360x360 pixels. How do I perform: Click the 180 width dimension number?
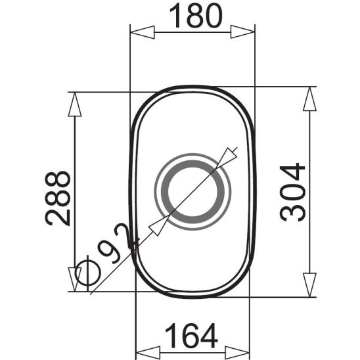pyautogui.click(x=192, y=16)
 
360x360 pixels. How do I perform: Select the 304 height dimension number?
pyautogui.click(x=293, y=192)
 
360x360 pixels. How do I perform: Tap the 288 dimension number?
pyautogui.click(x=58, y=198)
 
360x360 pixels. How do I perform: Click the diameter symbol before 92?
pyautogui.click(x=83, y=271)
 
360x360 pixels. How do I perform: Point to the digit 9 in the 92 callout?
pyautogui.click(x=105, y=251)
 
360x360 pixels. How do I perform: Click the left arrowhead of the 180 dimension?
pyautogui.click(x=142, y=32)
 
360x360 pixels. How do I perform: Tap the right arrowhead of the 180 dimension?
pyautogui.click(x=242, y=32)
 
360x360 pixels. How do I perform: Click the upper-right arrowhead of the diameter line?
pyautogui.click(x=228, y=155)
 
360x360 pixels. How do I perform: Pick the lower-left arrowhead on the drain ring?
pyautogui.click(x=158, y=225)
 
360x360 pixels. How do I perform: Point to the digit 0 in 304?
pyautogui.click(x=293, y=192)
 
